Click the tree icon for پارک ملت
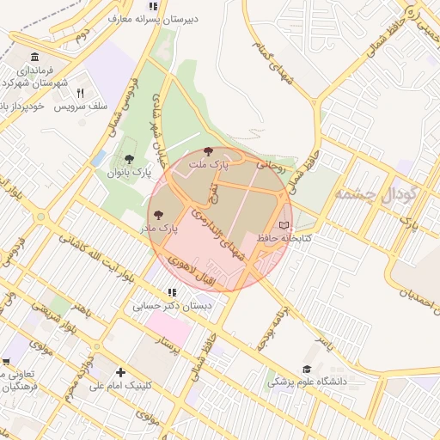[208, 151]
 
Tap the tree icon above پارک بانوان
[129, 159]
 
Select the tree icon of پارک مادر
[157, 215]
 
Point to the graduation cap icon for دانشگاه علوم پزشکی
[307, 369]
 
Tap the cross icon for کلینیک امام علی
[120, 373]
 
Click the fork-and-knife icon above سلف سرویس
[80, 93]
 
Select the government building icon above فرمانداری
[34, 56]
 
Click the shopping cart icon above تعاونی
[6, 362]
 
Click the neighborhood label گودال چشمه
[376, 192]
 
